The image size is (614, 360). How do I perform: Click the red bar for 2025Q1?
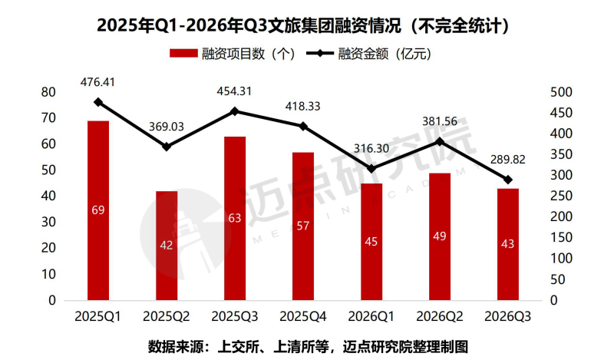tap(98, 210)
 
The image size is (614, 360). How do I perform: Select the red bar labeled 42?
tap(167, 246)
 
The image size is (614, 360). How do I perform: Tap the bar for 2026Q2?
tap(439, 236)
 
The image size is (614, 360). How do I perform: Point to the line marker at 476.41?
tap(98, 102)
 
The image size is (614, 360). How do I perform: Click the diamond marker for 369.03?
tap(167, 147)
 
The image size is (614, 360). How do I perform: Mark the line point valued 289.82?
tap(508, 180)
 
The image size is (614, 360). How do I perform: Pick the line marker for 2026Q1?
tap(371, 169)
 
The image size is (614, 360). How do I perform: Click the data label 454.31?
tap(234, 91)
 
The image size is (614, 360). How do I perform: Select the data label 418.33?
tap(302, 106)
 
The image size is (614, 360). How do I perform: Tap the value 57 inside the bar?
tap(302, 226)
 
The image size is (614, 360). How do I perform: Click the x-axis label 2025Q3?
tap(235, 316)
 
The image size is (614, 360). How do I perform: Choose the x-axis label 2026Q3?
tap(507, 316)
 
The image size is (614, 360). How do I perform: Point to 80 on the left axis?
tap(48, 92)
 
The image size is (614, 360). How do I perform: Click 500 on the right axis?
tap(561, 92)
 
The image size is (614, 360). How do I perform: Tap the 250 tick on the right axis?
tap(561, 196)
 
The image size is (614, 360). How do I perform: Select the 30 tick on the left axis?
tap(48, 222)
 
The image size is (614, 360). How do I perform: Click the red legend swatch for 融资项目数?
tap(183, 53)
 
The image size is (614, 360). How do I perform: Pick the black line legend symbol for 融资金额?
tap(320, 53)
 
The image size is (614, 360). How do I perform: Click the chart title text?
tap(303, 26)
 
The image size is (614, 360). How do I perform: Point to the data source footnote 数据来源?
tap(308, 347)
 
